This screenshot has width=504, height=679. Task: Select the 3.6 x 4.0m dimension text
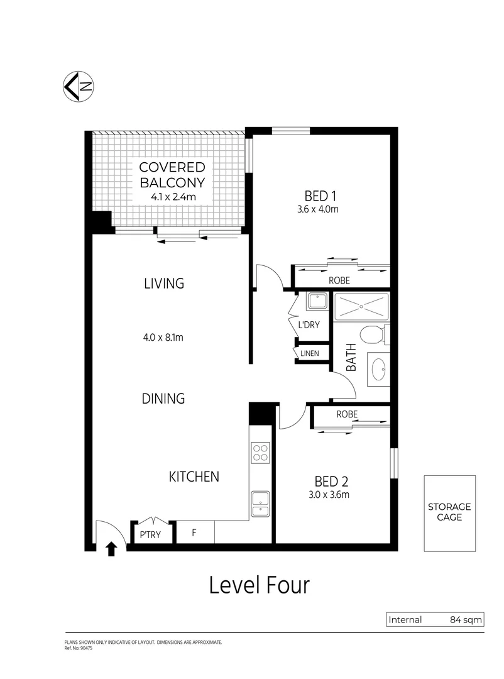(x=319, y=209)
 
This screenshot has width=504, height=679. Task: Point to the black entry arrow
(x=112, y=549)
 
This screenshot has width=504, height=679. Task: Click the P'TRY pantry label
(x=150, y=534)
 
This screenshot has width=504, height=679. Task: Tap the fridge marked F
(x=194, y=533)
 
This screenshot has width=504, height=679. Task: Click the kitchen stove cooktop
(x=260, y=453)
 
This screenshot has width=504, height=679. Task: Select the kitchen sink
(x=260, y=500)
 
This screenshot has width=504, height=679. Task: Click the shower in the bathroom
(x=361, y=307)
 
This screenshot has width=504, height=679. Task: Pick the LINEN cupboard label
(x=309, y=354)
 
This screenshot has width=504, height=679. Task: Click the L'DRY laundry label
(x=309, y=326)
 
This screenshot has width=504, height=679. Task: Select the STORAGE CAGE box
(x=449, y=512)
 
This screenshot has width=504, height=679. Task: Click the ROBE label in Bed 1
(x=339, y=280)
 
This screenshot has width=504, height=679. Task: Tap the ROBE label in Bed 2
(x=347, y=414)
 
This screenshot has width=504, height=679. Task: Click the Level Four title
(x=259, y=585)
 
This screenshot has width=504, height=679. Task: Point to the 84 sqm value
(x=466, y=620)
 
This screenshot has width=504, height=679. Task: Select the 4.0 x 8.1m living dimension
(x=162, y=338)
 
